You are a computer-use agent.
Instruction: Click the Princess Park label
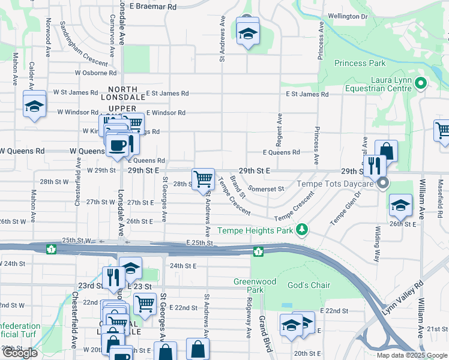360,63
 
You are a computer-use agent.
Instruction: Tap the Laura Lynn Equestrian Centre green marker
421,84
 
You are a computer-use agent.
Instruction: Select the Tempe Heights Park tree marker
304,230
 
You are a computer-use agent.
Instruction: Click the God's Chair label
309,285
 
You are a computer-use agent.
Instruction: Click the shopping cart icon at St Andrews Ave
203,179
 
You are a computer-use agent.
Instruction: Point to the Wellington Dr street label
347,16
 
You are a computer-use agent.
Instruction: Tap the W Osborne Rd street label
95,73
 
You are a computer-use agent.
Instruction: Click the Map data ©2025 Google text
411,355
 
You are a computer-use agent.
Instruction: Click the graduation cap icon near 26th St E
400,206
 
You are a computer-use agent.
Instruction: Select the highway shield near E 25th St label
258,251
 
